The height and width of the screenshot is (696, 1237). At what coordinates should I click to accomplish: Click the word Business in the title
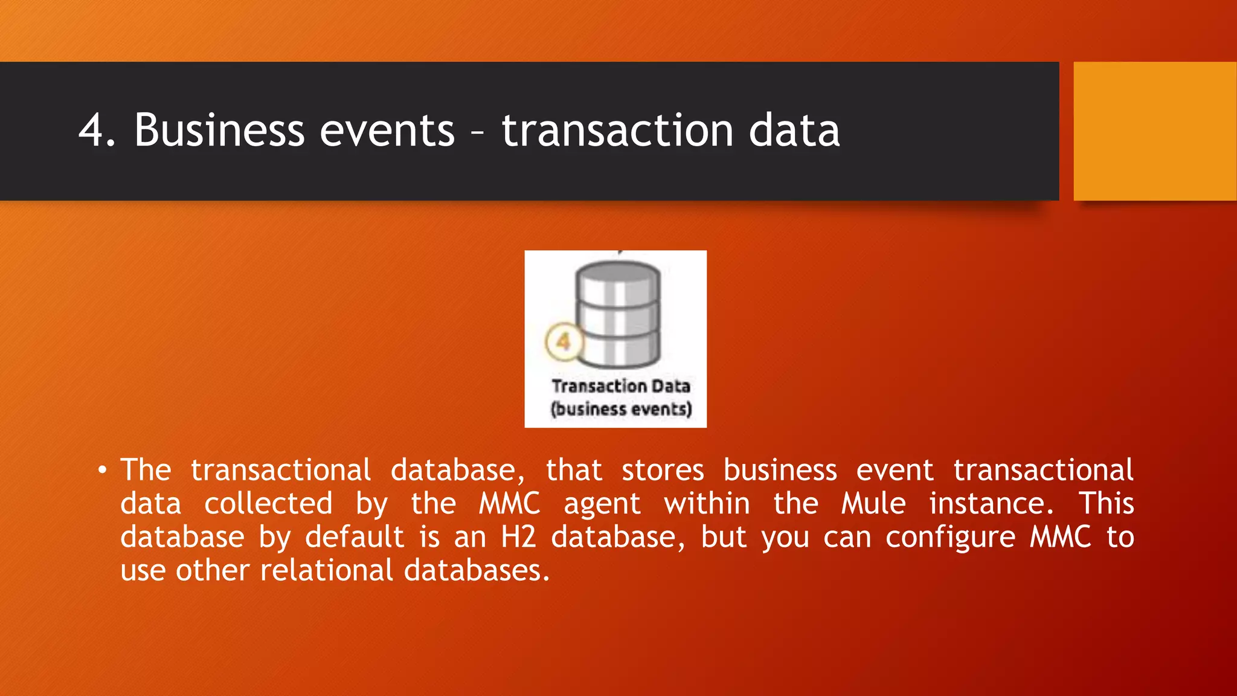click(x=219, y=130)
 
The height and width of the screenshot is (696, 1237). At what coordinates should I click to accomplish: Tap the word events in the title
click(x=387, y=130)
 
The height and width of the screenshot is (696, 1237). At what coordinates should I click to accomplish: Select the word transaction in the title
click(x=617, y=130)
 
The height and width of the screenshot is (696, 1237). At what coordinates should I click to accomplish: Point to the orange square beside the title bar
click(x=1154, y=130)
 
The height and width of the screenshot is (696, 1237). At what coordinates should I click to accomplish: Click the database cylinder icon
click(x=618, y=314)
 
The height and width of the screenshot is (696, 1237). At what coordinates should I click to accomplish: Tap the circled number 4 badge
click(x=563, y=342)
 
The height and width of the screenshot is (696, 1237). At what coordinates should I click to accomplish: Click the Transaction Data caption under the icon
click(x=620, y=386)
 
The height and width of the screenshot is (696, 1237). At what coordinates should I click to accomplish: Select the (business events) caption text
click(x=620, y=409)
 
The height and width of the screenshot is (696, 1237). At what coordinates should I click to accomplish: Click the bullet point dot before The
click(x=103, y=470)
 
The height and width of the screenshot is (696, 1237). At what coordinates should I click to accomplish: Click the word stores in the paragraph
click(x=663, y=470)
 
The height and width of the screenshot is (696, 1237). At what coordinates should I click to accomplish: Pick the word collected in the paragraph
click(x=268, y=503)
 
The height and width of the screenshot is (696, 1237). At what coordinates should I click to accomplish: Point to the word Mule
click(x=873, y=503)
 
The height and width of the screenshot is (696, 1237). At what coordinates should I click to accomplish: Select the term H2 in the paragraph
click(x=518, y=536)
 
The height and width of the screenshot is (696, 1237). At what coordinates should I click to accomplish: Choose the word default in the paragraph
click(x=354, y=536)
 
